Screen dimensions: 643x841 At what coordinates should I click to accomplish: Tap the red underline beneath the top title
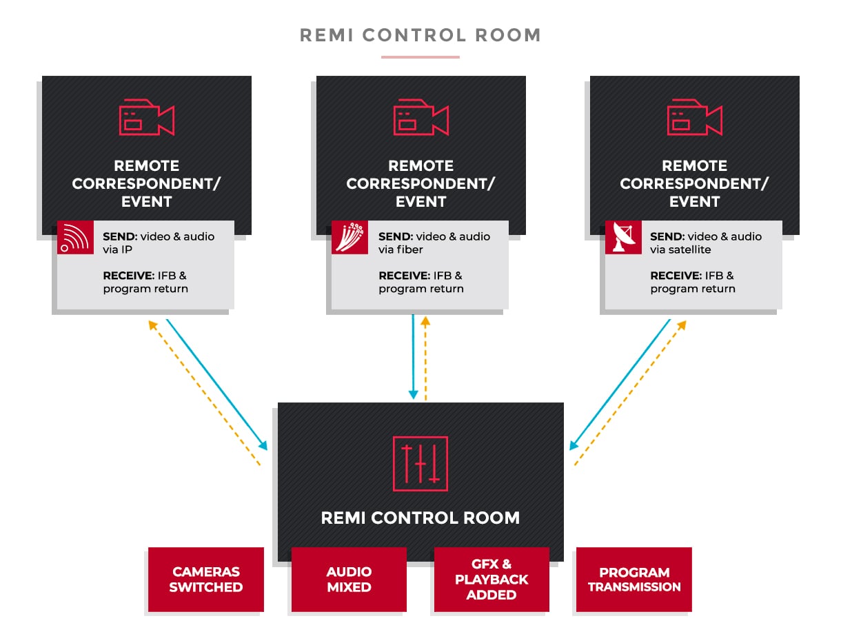click(420, 57)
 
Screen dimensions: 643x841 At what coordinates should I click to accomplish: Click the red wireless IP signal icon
click(75, 238)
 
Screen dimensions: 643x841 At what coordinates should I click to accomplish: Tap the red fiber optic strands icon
click(349, 238)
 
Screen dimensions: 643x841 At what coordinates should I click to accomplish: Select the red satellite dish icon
click(623, 238)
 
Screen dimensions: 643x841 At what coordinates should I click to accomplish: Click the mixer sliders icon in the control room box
click(420, 464)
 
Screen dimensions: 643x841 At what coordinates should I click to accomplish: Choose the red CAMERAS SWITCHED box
click(206, 580)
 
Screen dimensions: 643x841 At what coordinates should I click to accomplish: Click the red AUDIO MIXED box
click(349, 580)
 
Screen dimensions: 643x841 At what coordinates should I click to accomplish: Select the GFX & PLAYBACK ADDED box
click(492, 580)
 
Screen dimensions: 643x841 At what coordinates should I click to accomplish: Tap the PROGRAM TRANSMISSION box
click(634, 580)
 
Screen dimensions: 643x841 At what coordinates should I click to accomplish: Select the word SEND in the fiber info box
click(396, 236)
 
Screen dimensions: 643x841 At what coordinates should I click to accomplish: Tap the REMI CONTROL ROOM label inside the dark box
click(420, 518)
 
